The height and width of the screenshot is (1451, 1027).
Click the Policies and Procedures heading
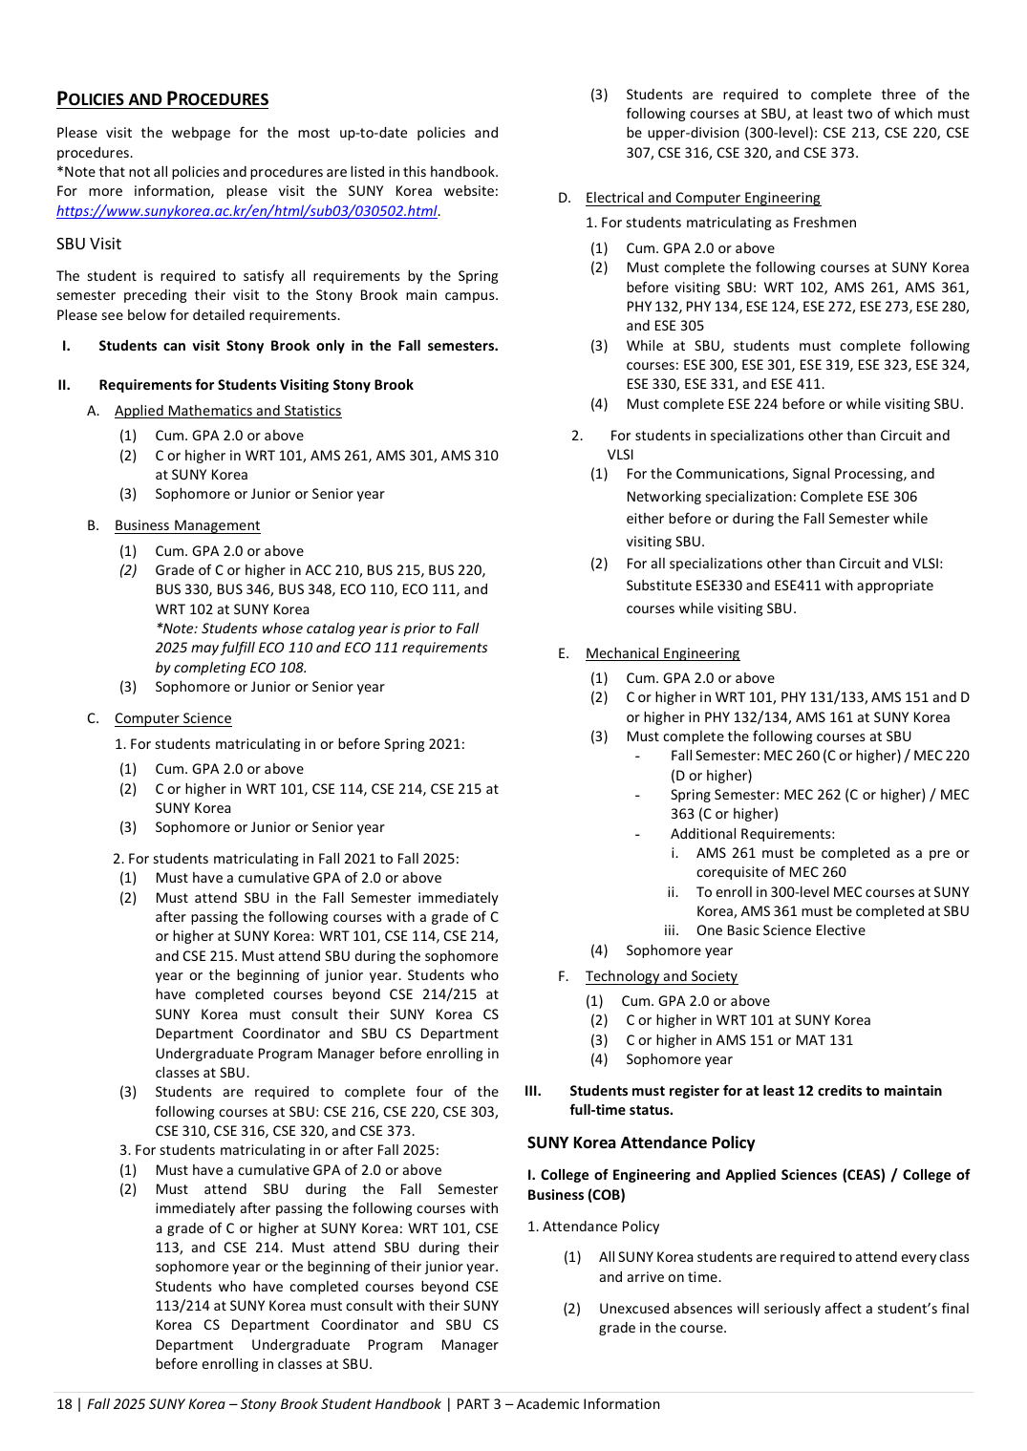(162, 99)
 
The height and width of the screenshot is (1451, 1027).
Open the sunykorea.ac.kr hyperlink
(246, 211)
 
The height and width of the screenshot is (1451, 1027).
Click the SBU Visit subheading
(89, 245)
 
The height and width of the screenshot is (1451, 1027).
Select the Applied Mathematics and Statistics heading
(227, 411)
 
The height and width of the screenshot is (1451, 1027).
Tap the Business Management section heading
(187, 525)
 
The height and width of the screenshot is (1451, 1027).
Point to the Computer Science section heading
(173, 718)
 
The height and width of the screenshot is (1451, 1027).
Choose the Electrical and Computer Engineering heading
(702, 198)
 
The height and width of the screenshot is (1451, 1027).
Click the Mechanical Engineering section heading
(662, 653)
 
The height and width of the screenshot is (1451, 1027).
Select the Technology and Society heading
(661, 976)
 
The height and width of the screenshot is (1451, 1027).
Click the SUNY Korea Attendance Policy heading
(641, 1142)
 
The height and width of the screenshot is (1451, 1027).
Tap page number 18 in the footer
(64, 1404)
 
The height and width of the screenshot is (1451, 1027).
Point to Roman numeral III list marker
(533, 1091)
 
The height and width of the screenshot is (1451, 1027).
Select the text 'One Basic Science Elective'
(781, 930)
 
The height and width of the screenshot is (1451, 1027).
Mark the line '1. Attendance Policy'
(593, 1227)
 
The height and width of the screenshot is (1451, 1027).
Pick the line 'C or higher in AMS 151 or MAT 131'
(739, 1040)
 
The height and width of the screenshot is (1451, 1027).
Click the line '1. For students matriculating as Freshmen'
(720, 223)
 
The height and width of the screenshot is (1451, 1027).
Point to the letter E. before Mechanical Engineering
(564, 653)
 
